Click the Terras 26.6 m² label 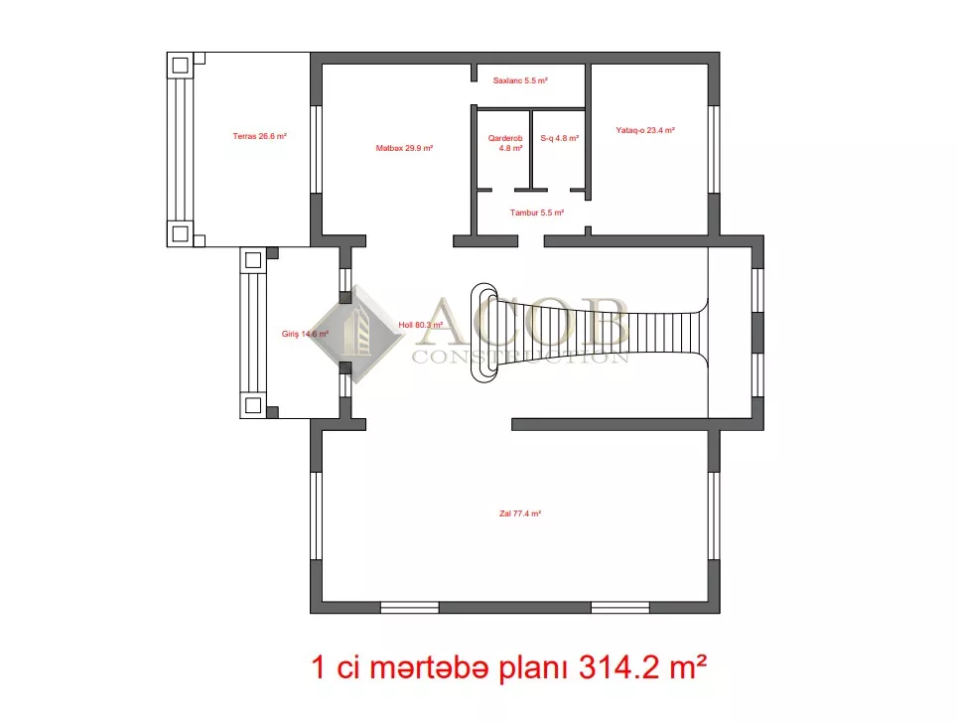pos(259,136)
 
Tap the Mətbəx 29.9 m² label pos(404,148)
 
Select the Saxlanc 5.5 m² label pos(520,80)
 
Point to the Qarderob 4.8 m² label pos(505,143)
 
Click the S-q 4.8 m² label pos(560,138)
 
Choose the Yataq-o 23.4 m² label pos(645,130)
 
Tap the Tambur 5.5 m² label pos(537,213)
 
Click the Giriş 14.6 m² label pos(305,334)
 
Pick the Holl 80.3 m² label pos(421,325)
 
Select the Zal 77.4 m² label pos(520,513)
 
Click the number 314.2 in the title pos(618,667)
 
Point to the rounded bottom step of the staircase pos(483,333)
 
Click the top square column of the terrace pos(180,65)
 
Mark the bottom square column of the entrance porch pos(253,405)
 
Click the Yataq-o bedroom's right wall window pos(714,150)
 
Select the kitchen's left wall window pos(316,150)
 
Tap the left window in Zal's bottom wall pos(410,608)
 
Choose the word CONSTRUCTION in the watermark pos(520,357)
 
